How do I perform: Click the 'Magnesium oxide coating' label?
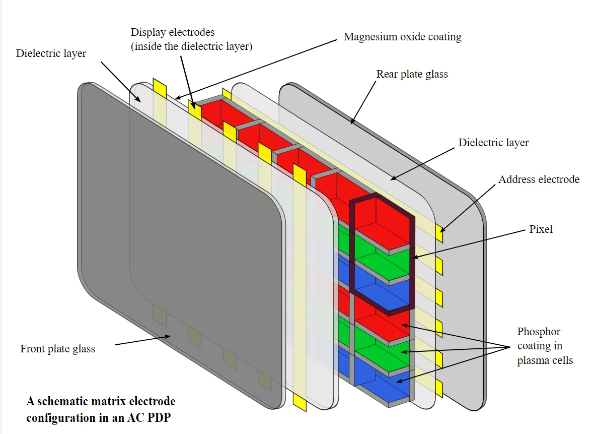coord(402,37)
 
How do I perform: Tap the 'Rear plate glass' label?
coord(412,75)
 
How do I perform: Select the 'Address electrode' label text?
coord(539,179)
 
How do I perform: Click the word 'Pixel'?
coord(541,229)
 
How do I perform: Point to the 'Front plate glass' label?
coord(57,349)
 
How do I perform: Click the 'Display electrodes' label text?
coord(173,32)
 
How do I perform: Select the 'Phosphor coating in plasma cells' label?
coord(545,346)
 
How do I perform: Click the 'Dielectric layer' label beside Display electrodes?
coord(51,53)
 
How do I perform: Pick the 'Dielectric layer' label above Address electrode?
coord(493,143)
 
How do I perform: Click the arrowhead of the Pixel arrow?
coord(414,258)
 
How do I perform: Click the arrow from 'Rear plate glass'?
coord(363,101)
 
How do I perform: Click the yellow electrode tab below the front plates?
coord(299,403)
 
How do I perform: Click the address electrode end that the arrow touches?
coord(439,235)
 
